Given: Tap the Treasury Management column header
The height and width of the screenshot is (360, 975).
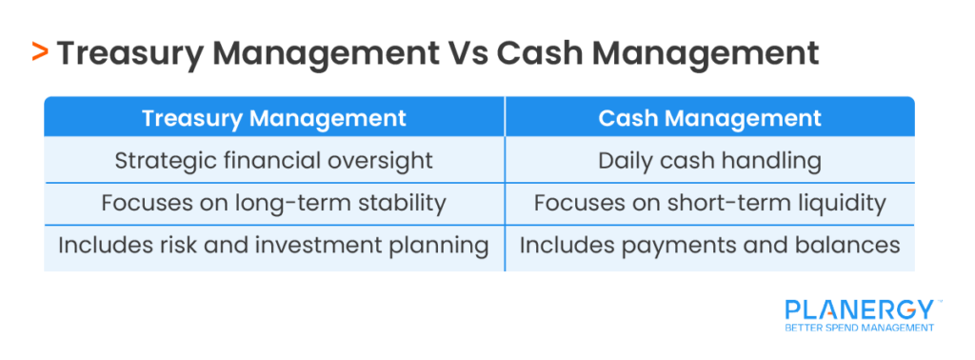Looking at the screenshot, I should (x=274, y=118).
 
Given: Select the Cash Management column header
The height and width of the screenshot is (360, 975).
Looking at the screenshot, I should (x=709, y=118).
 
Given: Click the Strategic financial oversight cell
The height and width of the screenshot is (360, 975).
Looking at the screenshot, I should (x=274, y=160).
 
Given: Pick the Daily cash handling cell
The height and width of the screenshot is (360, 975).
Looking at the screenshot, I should (x=709, y=160).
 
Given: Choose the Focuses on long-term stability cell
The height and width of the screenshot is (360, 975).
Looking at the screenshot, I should (x=274, y=203).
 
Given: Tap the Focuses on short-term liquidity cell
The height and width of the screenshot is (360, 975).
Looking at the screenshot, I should (x=709, y=203).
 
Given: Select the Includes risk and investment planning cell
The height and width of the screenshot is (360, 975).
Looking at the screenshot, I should (x=274, y=245).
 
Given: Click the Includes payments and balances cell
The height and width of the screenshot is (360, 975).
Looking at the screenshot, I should (x=709, y=245).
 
